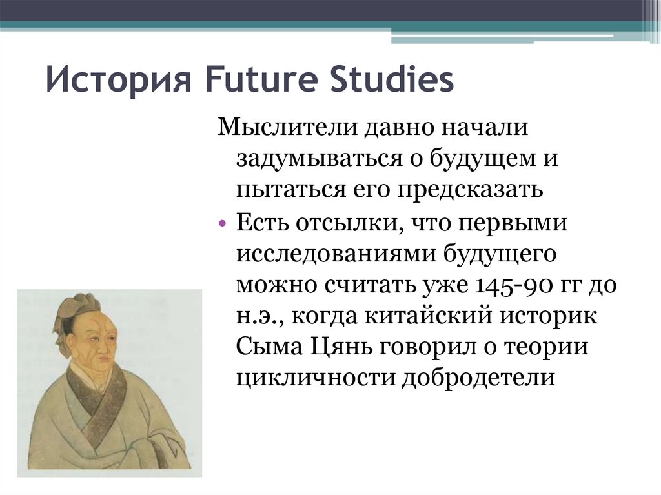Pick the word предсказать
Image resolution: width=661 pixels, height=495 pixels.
click(x=471, y=190)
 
